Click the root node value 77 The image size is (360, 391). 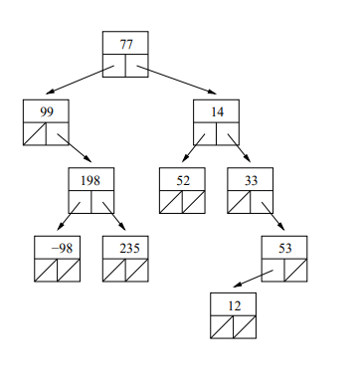coord(126,45)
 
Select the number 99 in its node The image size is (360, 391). coord(47,111)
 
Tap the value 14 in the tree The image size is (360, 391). coord(217,111)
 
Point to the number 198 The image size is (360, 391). coord(91,180)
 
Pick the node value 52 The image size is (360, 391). coord(182,180)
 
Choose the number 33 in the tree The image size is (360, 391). coord(250,180)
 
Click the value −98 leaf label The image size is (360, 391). coord(58,248)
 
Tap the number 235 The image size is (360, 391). coord(126,248)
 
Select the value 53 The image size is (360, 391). coord(284,248)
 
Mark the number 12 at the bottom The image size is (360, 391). coord(234,304)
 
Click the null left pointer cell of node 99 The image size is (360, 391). coord(36,133)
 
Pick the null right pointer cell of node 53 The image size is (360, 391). coord(295,270)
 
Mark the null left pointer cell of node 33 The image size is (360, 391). coord(239,202)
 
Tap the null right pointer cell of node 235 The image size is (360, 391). coord(137,270)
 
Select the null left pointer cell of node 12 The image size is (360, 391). coord(223,326)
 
